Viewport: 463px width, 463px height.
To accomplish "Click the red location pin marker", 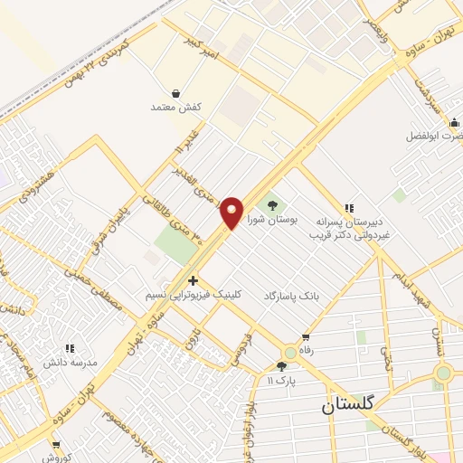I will [x=231, y=212].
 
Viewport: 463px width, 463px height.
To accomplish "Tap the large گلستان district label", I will [x=358, y=408].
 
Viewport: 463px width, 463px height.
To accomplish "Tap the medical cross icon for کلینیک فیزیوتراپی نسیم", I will [x=193, y=280].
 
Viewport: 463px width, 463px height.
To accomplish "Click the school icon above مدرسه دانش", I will [x=69, y=347].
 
